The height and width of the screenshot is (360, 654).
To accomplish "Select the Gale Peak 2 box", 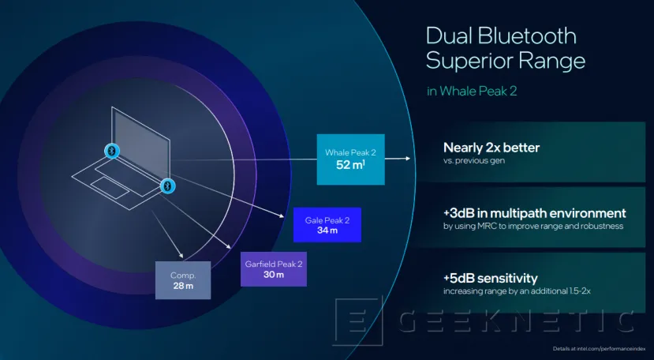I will tap(327, 224).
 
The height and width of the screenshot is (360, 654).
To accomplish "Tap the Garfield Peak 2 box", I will tap(273, 269).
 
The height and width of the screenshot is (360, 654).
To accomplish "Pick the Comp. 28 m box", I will tap(184, 279).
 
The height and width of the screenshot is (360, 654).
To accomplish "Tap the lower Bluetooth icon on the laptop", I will tap(166, 186).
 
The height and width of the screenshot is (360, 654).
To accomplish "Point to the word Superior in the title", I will tap(472, 62).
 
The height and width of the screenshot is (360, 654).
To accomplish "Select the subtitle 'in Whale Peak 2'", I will tap(472, 91).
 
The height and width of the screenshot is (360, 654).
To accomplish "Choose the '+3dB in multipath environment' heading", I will tap(535, 213).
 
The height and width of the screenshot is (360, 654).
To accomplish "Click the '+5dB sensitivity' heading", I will tap(491, 278).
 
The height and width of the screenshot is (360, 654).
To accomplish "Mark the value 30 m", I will tap(273, 276).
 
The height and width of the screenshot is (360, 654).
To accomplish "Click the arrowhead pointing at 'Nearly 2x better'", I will tap(408, 158).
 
